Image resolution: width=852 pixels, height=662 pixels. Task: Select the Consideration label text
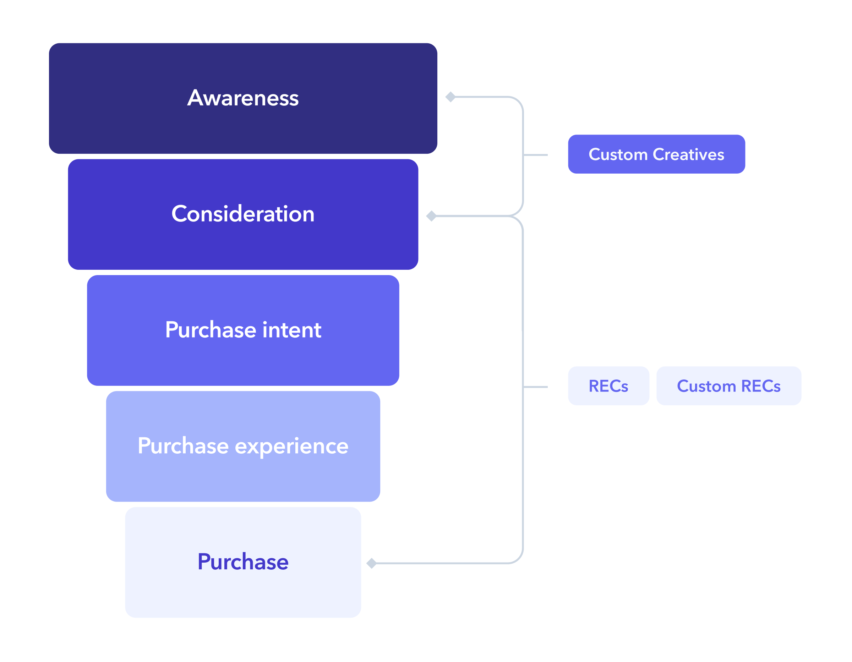point(243,214)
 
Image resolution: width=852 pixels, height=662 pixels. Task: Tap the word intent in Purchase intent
point(292,330)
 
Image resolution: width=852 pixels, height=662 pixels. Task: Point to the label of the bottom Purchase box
point(243,562)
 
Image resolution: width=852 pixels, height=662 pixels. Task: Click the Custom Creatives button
point(656,154)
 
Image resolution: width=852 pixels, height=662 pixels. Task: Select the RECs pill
point(608,386)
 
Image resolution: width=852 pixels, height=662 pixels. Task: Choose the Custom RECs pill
point(729,386)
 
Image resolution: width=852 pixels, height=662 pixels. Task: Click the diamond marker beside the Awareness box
point(450,97)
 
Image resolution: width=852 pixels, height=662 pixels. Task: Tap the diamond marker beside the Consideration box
point(431,216)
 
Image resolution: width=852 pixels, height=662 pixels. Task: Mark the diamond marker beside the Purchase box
point(372,563)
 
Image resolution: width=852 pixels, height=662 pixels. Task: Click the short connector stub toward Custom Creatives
point(535,155)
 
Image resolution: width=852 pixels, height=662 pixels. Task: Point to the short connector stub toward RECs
point(535,387)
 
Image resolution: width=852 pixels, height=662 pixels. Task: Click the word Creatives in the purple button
point(689,154)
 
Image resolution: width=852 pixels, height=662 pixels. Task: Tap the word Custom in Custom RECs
point(706,386)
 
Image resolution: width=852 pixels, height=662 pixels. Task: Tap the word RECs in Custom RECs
point(761,386)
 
